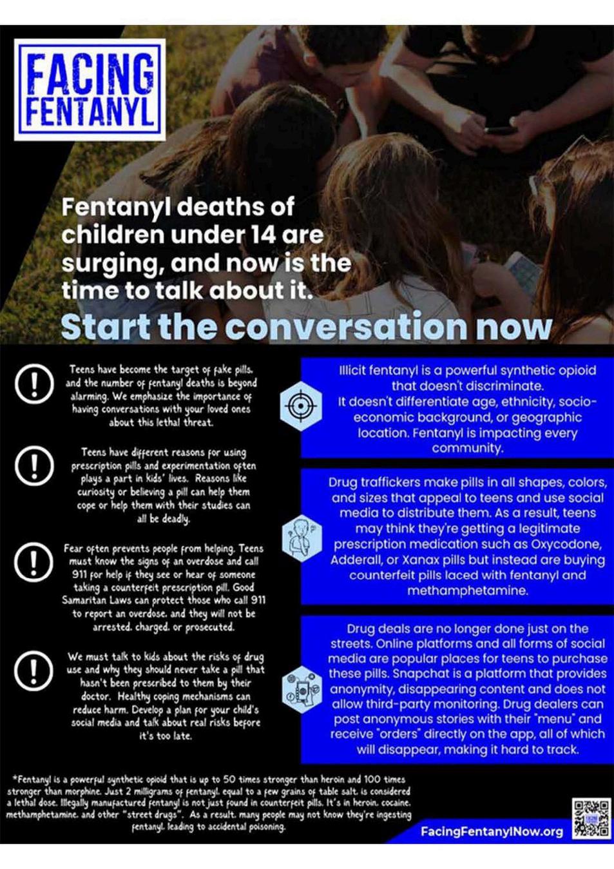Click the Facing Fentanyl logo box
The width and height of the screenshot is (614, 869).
90,90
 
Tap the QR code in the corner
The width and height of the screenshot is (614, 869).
591,818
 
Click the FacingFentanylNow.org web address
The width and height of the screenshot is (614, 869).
492,831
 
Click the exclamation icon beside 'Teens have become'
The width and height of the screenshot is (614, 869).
34,384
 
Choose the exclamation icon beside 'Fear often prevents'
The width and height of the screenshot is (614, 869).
34,561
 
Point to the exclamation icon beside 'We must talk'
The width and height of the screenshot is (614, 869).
34,670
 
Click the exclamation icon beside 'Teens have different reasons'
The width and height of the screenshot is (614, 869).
34,465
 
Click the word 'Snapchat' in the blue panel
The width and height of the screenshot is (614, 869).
419,674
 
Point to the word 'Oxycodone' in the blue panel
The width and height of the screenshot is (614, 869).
566,544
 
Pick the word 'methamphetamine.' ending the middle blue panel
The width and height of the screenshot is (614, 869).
467,591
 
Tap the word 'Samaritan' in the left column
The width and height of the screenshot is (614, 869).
85,600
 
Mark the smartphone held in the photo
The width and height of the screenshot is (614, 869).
501,130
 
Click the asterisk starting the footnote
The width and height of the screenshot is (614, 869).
14,779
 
